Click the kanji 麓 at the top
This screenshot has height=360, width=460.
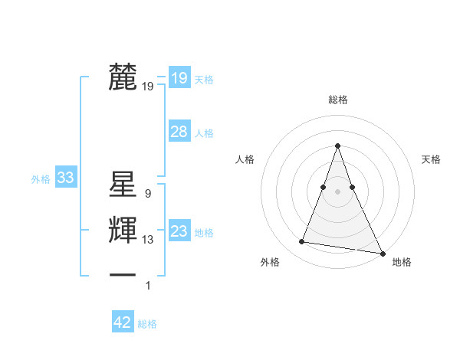pyautogui.click(x=123, y=77)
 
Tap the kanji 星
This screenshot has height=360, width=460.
pyautogui.click(x=123, y=185)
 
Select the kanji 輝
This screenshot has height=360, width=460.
pyautogui.click(x=123, y=231)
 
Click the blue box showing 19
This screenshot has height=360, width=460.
pyautogui.click(x=179, y=77)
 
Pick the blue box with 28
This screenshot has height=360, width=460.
pyautogui.click(x=179, y=132)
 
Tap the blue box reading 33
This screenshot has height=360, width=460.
pyautogui.click(x=65, y=178)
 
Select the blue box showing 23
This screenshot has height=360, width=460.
pyautogui.click(x=179, y=231)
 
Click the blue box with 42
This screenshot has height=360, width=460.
pyautogui.click(x=123, y=322)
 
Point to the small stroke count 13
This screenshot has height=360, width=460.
pyautogui.click(x=148, y=240)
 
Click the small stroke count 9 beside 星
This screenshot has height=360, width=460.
pyautogui.click(x=148, y=194)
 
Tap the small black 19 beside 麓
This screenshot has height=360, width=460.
pyautogui.click(x=148, y=87)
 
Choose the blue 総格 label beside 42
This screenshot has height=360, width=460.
pyautogui.click(x=147, y=324)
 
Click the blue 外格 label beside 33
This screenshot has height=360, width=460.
pyautogui.click(x=41, y=179)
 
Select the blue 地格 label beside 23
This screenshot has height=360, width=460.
pyautogui.click(x=204, y=233)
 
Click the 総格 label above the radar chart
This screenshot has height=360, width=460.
pyautogui.click(x=337, y=100)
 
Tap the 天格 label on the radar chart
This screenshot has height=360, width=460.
pyautogui.click(x=432, y=159)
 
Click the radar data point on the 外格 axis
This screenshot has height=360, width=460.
pyautogui.click(x=301, y=242)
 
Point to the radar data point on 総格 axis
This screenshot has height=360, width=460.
pyautogui.click(x=337, y=146)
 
